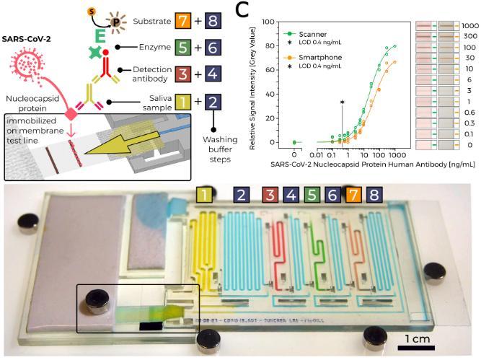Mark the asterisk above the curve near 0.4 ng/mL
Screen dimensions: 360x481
(x=342, y=103)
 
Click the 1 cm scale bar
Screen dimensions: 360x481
(x=418, y=347)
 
